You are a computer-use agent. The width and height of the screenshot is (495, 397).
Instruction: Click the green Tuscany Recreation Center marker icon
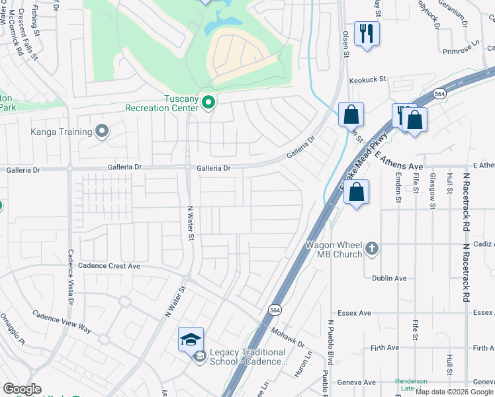208,103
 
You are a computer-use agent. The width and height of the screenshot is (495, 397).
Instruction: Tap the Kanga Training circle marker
101,132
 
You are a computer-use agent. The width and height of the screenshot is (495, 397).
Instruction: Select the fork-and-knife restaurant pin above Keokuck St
367,34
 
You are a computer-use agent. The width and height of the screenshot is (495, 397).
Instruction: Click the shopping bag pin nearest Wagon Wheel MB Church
356,193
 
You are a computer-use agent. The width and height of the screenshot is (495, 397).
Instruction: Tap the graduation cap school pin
191,340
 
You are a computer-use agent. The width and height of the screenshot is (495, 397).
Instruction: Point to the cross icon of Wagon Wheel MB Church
372,249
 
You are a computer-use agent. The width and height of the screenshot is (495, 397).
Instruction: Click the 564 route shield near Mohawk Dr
274,310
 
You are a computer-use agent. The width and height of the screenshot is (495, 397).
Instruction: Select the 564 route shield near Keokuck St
439,95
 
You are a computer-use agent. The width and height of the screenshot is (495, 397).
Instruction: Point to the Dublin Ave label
389,279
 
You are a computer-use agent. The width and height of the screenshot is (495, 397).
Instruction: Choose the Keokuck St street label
367,79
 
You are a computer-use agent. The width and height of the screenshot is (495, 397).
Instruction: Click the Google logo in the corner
22,389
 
